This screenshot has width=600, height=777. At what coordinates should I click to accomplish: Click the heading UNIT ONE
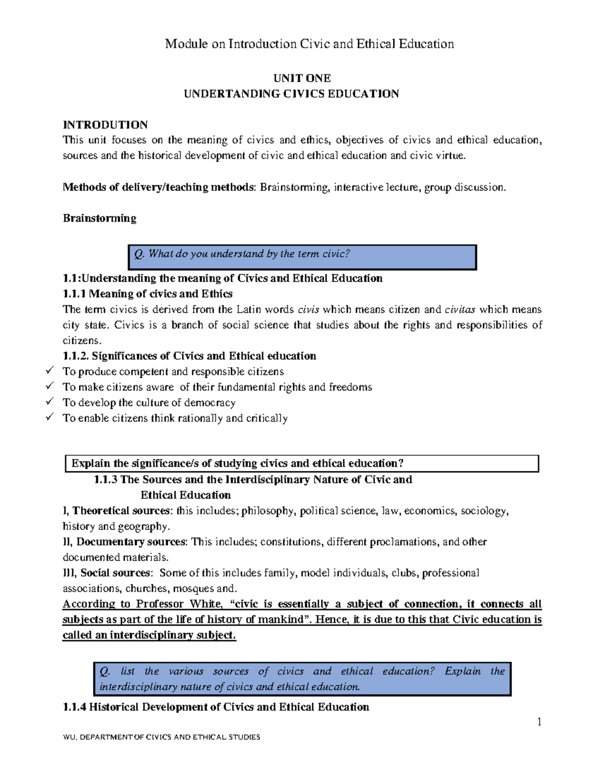click(x=301, y=78)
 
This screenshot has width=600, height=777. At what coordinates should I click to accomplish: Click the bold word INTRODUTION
click(x=105, y=125)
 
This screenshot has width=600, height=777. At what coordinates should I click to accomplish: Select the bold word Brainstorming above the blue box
click(x=99, y=218)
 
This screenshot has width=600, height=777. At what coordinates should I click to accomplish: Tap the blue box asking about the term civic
click(x=302, y=257)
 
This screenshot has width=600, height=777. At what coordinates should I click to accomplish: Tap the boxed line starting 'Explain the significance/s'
click(x=302, y=463)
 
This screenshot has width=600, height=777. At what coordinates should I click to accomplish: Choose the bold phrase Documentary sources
click(x=131, y=542)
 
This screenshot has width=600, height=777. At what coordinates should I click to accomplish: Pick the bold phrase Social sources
click(x=115, y=573)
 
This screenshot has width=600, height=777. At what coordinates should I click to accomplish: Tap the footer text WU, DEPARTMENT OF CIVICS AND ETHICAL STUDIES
click(x=161, y=737)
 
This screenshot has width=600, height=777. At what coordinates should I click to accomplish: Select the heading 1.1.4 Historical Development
click(x=215, y=707)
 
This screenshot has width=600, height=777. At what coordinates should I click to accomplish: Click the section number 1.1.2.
click(x=75, y=356)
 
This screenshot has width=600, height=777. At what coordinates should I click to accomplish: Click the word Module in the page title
click(x=182, y=44)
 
